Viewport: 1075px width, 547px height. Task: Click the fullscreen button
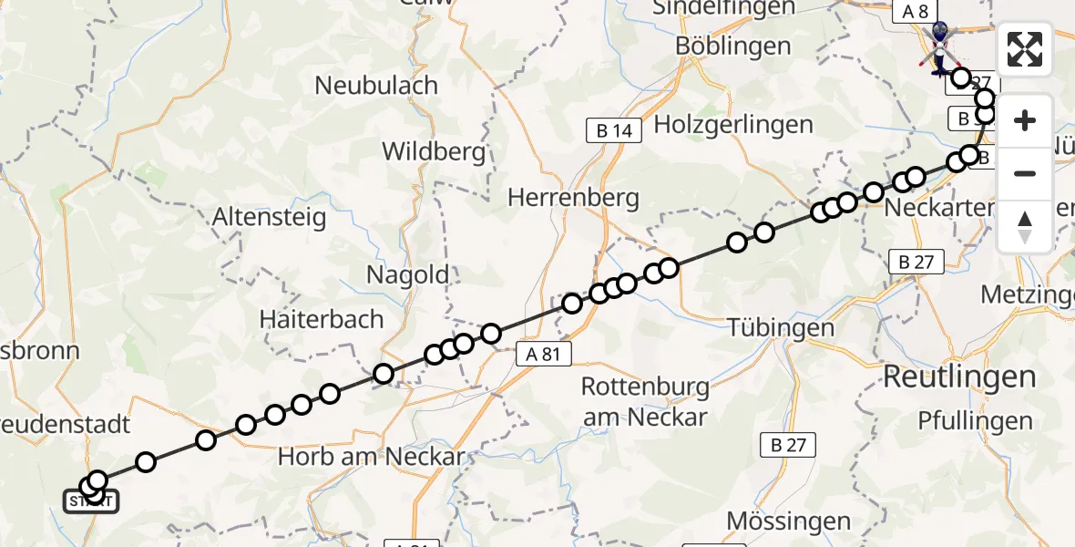coord(1025,49)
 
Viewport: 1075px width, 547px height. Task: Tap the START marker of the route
coord(90,501)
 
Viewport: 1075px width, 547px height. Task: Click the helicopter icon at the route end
coord(939,46)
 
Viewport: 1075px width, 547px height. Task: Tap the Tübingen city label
coord(769,327)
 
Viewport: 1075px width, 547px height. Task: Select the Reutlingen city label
coord(959,377)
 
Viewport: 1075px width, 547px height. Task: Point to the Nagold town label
coord(408,273)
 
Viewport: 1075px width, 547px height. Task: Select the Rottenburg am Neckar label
coord(645,401)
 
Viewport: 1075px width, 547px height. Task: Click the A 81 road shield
coord(543,354)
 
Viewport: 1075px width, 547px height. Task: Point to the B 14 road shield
coord(614,130)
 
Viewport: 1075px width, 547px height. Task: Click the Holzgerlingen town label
coord(733,124)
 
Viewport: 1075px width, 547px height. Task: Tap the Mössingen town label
coord(789,521)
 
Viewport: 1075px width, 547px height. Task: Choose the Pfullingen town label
coord(975,421)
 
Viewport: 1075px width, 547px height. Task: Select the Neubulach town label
coord(376,86)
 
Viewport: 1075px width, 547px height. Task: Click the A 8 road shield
coord(916,11)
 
